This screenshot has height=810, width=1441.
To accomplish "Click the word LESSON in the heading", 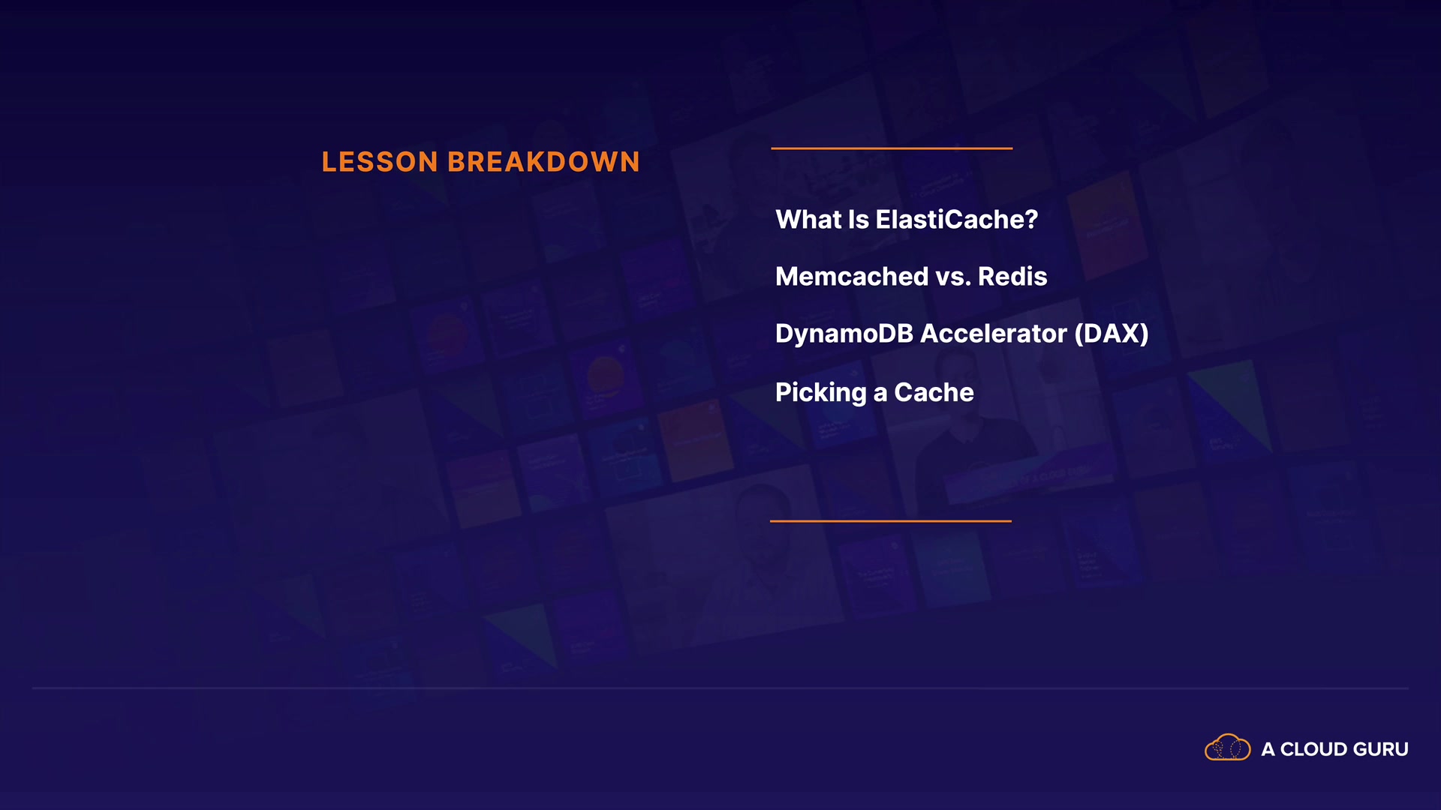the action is click(380, 162).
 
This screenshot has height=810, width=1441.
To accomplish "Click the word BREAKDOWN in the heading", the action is click(544, 162).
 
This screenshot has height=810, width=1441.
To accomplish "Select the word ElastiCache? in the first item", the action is click(957, 220).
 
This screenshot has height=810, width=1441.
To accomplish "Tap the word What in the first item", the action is click(808, 220).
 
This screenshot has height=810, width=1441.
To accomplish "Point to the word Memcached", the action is click(852, 277).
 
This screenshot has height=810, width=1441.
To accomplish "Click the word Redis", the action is click(1012, 277).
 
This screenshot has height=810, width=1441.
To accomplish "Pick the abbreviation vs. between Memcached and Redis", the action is click(953, 277).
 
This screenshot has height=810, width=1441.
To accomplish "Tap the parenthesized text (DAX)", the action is click(1112, 334).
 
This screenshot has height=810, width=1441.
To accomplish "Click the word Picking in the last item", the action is click(821, 392).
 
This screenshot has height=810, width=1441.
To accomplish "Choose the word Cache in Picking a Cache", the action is click(934, 392).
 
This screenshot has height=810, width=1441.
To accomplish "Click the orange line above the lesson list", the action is click(892, 148).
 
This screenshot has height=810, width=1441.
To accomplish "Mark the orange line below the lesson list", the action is click(891, 520).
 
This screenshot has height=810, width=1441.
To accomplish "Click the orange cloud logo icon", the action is click(1228, 747).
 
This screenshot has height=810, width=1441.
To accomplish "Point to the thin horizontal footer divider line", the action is click(720, 688).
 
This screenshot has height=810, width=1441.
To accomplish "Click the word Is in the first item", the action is click(859, 220).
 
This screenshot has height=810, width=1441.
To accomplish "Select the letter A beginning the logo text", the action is click(1268, 749).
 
